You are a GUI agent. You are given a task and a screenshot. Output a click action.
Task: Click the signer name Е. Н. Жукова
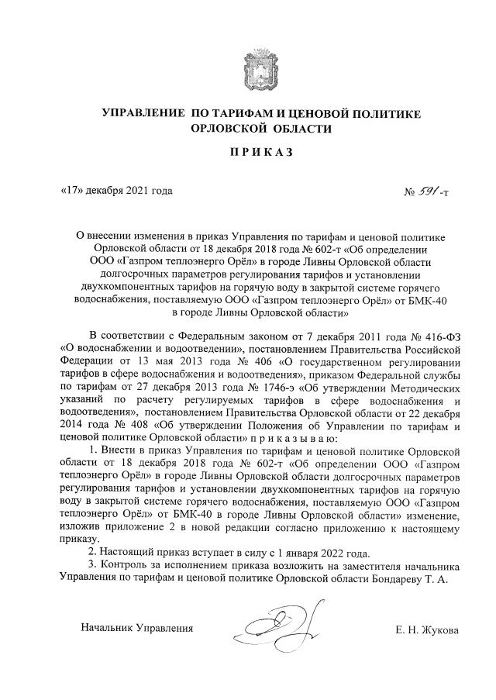tap(426, 630)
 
